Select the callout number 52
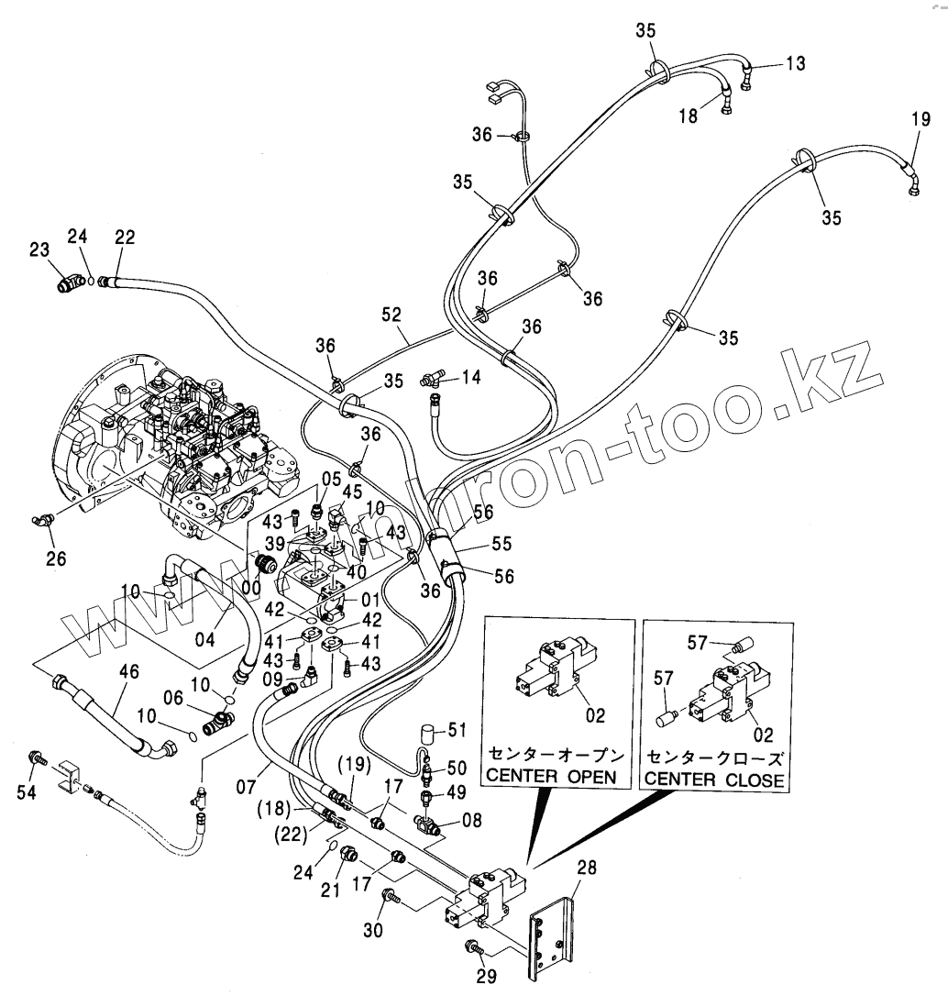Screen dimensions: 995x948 [x=391, y=314]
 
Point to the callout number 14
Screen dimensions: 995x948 [x=470, y=376]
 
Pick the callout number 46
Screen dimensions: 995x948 [x=129, y=672]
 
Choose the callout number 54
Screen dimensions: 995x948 [x=27, y=793]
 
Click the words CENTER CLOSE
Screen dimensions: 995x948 [x=715, y=779]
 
